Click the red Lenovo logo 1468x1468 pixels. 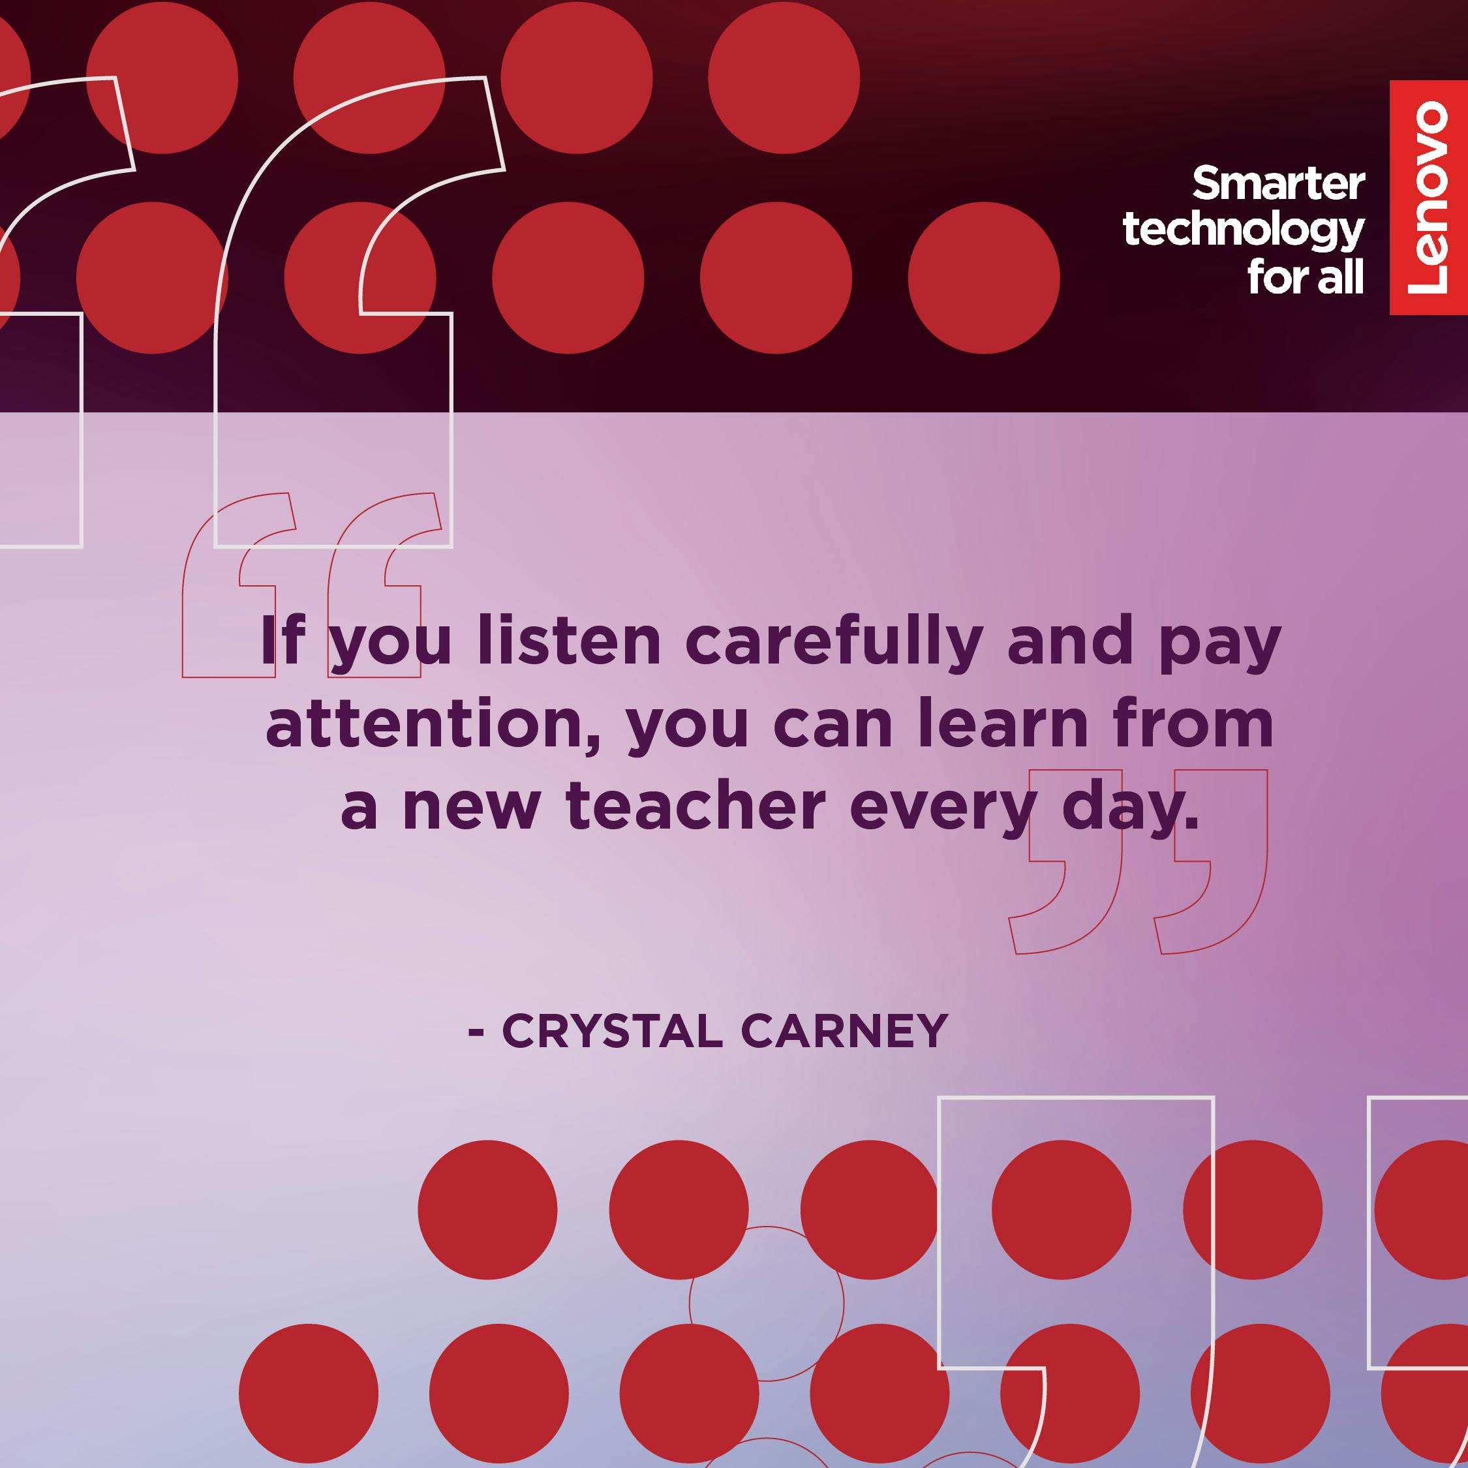point(1428,198)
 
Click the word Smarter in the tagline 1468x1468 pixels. point(1278,184)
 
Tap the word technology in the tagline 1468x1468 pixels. point(1244,230)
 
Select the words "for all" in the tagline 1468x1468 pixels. point(1306,276)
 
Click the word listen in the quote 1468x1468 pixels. point(569,641)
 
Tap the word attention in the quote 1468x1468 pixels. point(433,724)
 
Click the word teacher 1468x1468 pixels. point(696,805)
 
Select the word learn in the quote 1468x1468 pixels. point(1003,723)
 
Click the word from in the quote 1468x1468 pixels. point(1192,723)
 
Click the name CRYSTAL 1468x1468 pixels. point(612,1031)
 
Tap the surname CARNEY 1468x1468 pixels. point(844,1031)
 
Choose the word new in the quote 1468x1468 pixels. point(471,810)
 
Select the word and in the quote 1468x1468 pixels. point(1071,641)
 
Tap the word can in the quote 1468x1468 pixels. point(833,728)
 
